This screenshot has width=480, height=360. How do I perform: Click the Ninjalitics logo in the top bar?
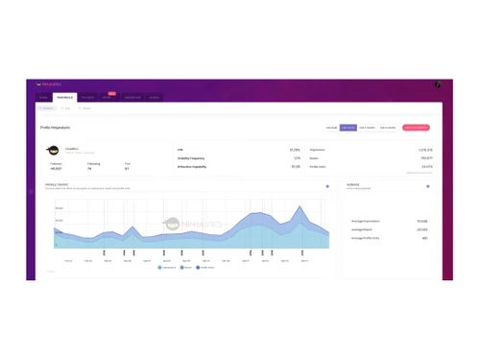click(x=46, y=84)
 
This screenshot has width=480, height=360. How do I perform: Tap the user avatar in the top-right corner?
click(x=437, y=84)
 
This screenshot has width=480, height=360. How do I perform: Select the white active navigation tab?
click(x=64, y=97)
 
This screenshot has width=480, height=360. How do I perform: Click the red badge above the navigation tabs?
click(x=111, y=93)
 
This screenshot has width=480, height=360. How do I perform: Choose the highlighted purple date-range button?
click(x=348, y=127)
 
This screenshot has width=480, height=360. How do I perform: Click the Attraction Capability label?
click(x=193, y=166)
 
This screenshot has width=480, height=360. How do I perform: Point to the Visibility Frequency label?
click(x=192, y=158)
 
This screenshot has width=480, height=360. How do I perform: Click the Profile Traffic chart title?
click(x=57, y=184)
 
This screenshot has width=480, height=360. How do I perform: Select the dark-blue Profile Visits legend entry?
click(x=206, y=268)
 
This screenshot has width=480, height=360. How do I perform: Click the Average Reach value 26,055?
click(x=421, y=229)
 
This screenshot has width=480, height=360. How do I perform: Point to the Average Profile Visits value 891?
click(x=424, y=238)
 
